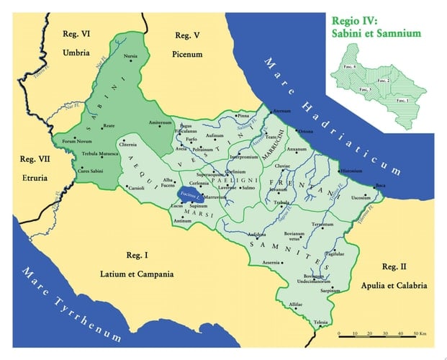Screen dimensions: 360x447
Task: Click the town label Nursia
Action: tap(130, 56)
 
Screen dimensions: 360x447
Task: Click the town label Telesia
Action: tap(320, 321)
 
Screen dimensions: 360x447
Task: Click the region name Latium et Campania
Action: tap(136, 274)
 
